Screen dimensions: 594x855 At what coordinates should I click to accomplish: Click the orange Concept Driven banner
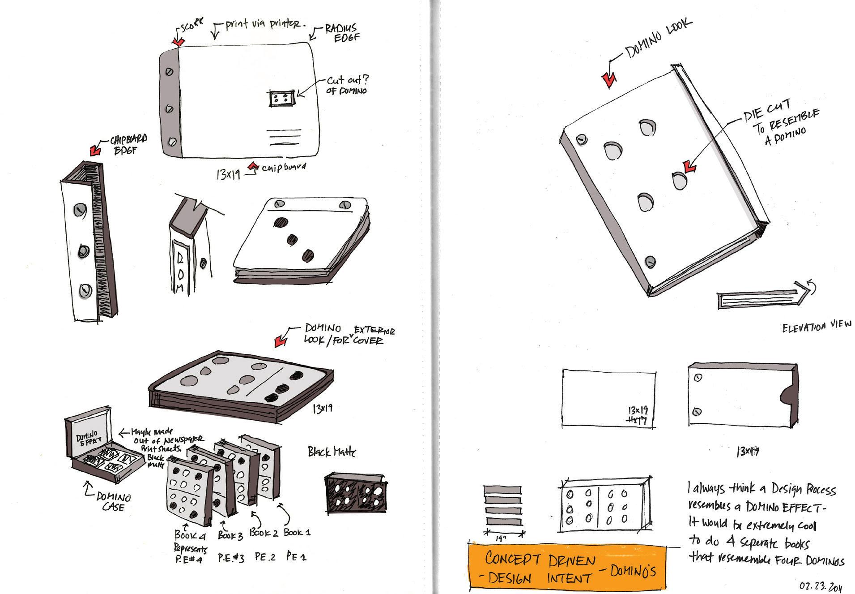coord(566,567)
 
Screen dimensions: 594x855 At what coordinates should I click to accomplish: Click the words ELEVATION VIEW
coord(817,327)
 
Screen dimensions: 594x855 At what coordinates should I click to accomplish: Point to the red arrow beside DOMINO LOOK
coord(609,79)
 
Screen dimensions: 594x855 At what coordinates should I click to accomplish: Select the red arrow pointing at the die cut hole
coord(689,168)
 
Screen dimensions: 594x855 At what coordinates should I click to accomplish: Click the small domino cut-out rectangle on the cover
coord(281,99)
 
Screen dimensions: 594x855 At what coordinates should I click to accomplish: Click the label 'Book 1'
coord(297,532)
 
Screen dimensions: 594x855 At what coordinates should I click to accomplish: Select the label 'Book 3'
coord(230,534)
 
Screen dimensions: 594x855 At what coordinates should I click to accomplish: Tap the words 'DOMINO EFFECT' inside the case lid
coord(85,437)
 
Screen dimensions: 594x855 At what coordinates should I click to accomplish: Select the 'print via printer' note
coord(263,24)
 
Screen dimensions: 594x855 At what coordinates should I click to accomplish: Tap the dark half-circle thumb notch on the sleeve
coord(786,396)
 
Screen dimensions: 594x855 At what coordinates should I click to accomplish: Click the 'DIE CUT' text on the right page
coord(767,111)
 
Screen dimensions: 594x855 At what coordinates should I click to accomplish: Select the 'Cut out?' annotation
coord(348,81)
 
